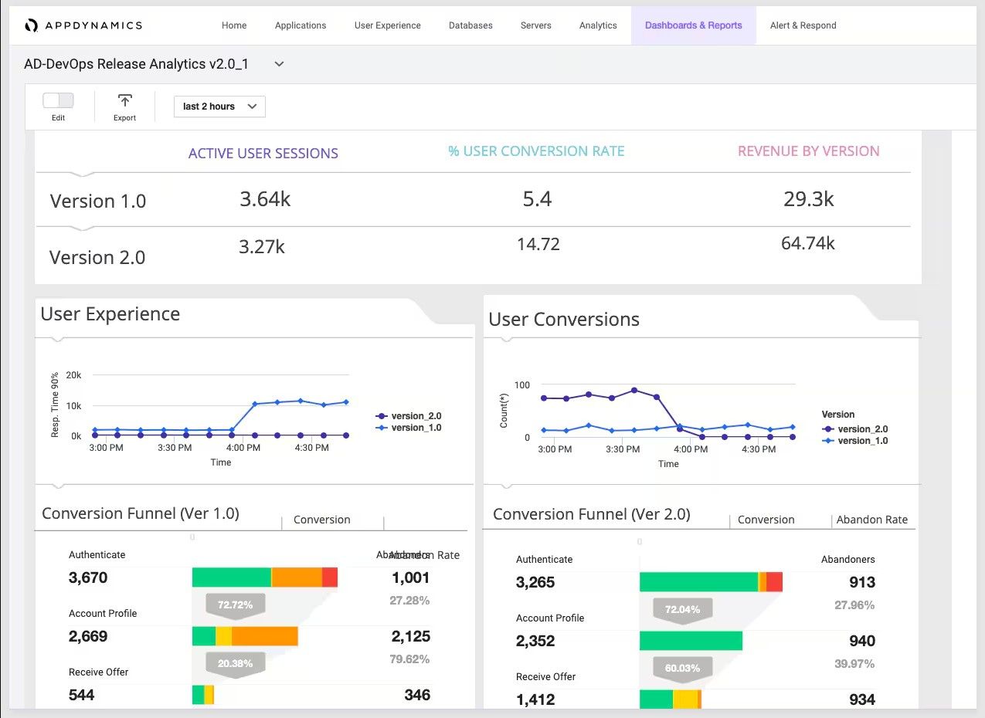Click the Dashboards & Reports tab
(693, 25)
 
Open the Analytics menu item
(598, 25)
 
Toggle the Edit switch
(58, 100)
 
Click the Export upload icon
(124, 101)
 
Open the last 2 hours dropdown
(219, 107)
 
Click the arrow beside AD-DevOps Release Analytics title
(280, 64)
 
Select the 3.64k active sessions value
(265, 199)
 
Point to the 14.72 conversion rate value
(538, 244)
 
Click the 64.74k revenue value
(808, 243)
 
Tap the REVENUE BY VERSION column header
(808, 151)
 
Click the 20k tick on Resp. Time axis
(73, 375)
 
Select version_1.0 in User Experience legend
(416, 428)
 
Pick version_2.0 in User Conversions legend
(862, 429)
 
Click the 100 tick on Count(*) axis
(521, 385)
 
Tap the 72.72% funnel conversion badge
(235, 605)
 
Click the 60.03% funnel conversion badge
(682, 668)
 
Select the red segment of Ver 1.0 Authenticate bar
(330, 577)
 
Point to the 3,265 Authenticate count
(535, 582)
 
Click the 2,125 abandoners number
(410, 636)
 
